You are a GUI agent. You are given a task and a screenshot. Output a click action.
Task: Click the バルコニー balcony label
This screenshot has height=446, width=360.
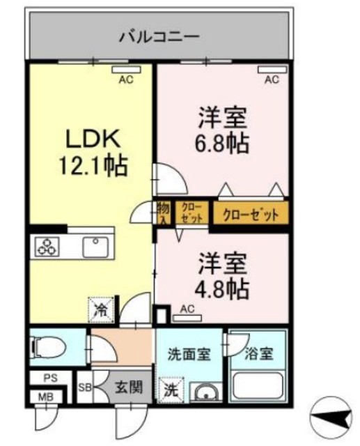pos(159,36)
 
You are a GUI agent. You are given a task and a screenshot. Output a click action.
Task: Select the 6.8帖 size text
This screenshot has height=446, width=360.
pos(222,144)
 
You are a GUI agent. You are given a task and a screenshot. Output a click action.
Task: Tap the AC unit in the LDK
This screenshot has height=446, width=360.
pos(125,70)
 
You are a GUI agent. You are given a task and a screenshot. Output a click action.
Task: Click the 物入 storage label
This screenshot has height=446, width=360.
pos(163,213)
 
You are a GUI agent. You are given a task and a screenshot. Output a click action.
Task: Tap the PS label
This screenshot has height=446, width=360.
pos(49,380)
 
